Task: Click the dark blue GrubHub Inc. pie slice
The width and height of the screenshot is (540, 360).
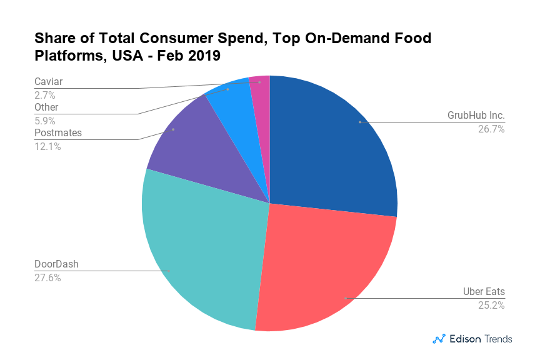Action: click(x=331, y=150)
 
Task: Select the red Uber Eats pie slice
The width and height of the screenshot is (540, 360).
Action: click(x=325, y=269)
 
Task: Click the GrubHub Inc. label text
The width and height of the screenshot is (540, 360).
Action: click(x=476, y=116)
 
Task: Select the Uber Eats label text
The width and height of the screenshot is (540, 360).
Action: click(x=484, y=292)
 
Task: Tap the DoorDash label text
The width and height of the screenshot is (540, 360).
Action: click(x=57, y=264)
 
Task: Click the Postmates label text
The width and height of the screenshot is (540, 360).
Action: click(x=58, y=132)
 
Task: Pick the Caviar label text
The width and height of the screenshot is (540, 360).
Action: click(x=49, y=81)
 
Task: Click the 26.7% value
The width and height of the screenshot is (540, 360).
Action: click(x=492, y=129)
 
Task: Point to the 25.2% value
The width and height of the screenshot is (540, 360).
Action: click(x=492, y=306)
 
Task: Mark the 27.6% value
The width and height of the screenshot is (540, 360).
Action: click(x=47, y=277)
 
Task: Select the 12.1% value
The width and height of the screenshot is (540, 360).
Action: click(x=47, y=146)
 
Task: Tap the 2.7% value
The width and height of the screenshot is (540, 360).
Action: click(x=45, y=95)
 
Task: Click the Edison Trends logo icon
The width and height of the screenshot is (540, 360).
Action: click(x=439, y=339)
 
